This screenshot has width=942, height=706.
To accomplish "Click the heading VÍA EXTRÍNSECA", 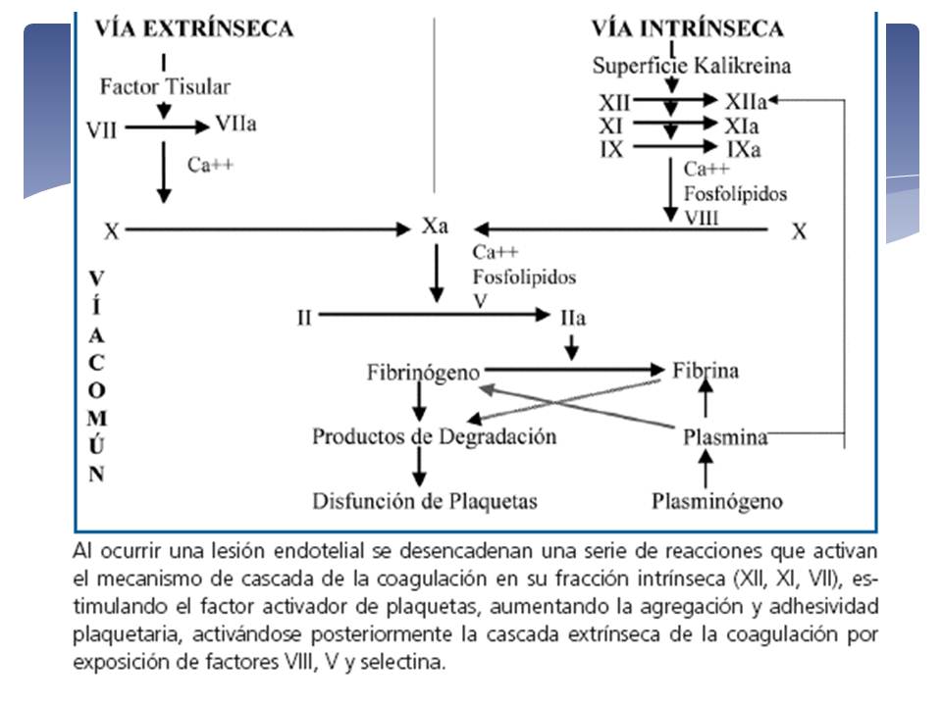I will pos(193,28).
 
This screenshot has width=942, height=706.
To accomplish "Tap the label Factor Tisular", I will pos(165,86).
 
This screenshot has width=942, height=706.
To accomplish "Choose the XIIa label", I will pos(744,101).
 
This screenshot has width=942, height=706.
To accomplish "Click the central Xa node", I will pos(436,227).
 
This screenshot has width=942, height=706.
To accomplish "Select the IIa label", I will pos(573,318).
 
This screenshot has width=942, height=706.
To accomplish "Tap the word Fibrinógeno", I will pos(424,373).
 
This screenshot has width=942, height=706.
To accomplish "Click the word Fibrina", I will pos(706,371).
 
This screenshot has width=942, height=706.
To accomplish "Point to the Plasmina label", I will pos(725,437).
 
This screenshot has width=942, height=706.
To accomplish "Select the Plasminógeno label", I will pos(717,502).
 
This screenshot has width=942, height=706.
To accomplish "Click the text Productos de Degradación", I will pos(434,436).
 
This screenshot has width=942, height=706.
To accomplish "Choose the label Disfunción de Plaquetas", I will pos(425,501).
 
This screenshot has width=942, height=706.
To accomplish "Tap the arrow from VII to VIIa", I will pos(165,126).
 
